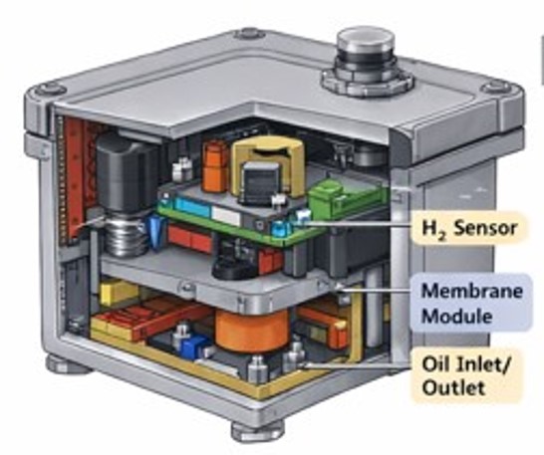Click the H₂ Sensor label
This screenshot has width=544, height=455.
(469, 228)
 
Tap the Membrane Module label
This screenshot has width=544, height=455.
(471, 303)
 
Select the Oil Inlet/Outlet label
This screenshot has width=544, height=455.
(466, 375)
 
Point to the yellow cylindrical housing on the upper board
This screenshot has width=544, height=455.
(268, 163)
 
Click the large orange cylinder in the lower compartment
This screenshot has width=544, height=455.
(252, 330)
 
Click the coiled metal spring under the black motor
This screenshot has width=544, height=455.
(126, 236)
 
